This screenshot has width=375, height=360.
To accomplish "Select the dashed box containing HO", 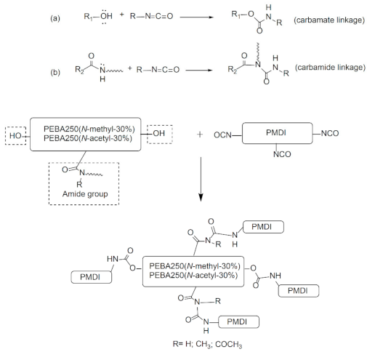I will click(x=17, y=137).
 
